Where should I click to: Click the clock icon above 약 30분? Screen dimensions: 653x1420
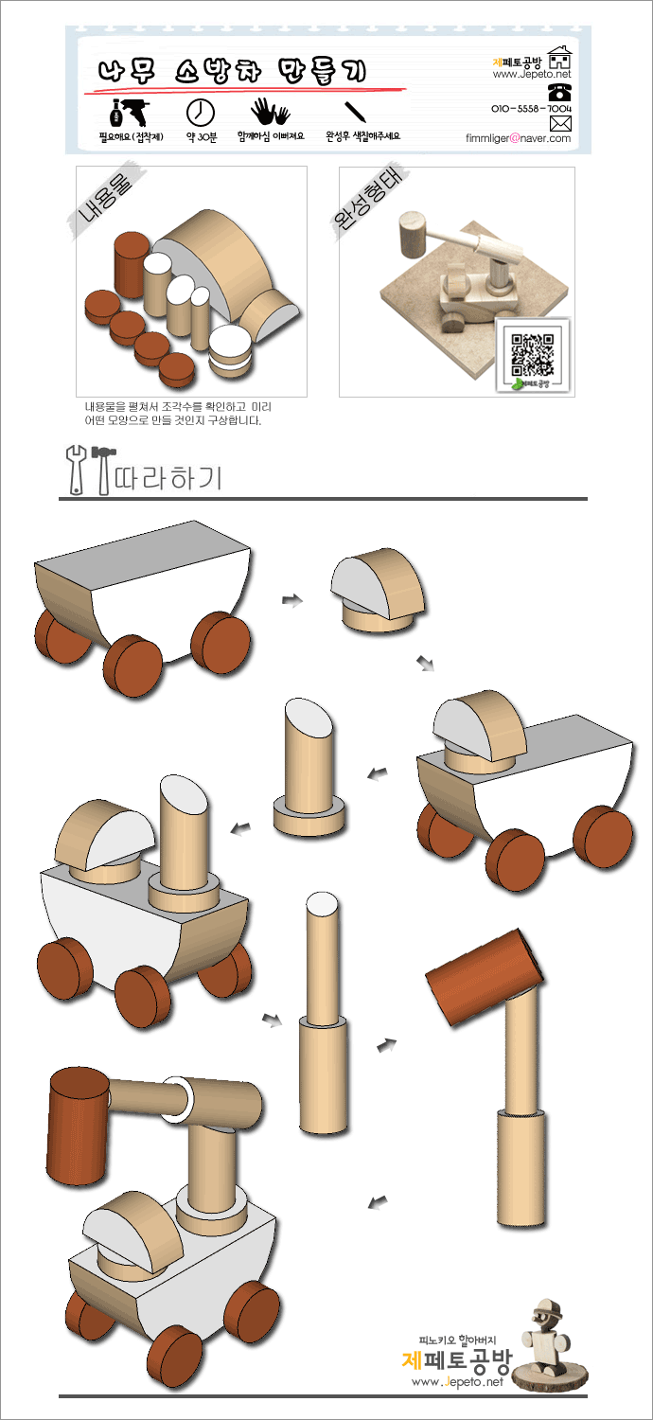click(x=201, y=113)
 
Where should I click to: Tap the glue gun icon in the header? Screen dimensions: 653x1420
click(x=130, y=113)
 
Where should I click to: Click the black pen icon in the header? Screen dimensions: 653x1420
click(x=356, y=112)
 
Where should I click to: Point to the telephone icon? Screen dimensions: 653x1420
click(x=559, y=92)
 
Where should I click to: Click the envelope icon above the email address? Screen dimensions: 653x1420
click(x=560, y=123)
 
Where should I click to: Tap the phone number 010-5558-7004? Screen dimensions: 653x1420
click(x=531, y=109)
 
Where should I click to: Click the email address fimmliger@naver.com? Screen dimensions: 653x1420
click(x=518, y=138)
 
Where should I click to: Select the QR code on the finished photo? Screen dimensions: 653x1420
click(x=533, y=354)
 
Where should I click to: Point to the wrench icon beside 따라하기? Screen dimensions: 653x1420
click(x=76, y=470)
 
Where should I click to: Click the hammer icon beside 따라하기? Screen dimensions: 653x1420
click(x=103, y=470)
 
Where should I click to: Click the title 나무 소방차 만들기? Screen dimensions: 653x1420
click(x=233, y=70)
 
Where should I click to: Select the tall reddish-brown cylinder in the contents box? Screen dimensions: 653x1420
click(x=132, y=264)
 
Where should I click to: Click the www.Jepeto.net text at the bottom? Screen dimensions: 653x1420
click(x=457, y=1381)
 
